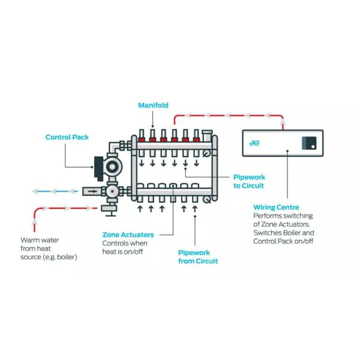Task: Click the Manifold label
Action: click(x=154, y=105)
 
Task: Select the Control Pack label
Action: click(x=67, y=137)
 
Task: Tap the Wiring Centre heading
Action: click(x=276, y=207)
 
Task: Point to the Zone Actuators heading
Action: click(x=128, y=235)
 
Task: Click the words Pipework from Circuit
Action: click(x=198, y=257)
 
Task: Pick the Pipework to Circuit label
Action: click(x=248, y=181)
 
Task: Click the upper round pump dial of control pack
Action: click(x=112, y=166)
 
